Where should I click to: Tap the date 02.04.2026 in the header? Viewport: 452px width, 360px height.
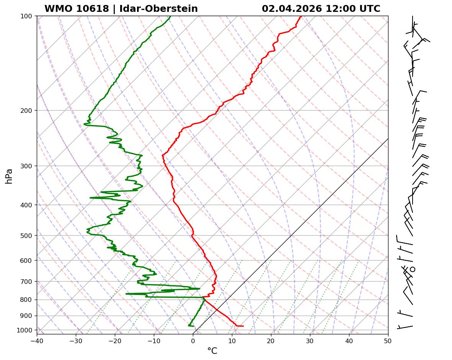click(292, 9)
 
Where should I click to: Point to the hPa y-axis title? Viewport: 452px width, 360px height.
click(9, 176)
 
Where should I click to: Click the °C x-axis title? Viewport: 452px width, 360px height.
click(212, 351)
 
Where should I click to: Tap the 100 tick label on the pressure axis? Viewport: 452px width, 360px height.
click(27, 16)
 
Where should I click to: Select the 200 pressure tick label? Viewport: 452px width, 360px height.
click(27, 111)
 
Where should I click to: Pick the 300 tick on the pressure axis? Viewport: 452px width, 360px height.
click(27, 166)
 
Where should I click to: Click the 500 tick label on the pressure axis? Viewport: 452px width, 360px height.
click(27, 236)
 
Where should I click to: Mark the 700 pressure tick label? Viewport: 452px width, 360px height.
click(27, 282)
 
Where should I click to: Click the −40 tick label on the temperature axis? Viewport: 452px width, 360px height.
click(37, 340)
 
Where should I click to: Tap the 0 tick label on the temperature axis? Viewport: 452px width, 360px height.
click(193, 340)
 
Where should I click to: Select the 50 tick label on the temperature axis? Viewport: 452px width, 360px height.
click(388, 340)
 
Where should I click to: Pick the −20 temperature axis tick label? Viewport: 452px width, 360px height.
click(115, 340)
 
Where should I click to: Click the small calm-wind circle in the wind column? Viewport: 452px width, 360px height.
click(413, 269)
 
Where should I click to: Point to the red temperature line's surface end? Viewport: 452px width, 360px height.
click(243, 326)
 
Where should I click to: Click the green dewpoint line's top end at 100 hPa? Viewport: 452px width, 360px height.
click(170, 16)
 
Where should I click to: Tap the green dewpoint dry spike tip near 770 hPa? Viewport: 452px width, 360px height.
click(126, 294)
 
